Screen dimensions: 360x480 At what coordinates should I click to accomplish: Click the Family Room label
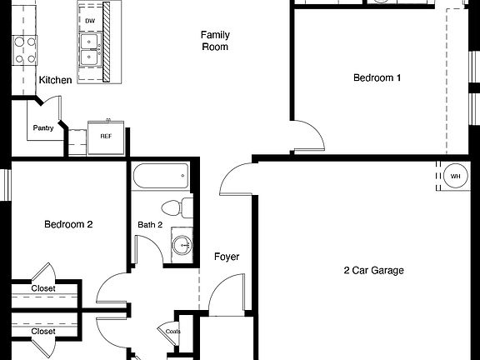pos(215,41)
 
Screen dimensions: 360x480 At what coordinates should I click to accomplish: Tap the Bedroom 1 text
pos(377,78)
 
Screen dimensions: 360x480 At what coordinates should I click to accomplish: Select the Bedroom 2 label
pos(68,224)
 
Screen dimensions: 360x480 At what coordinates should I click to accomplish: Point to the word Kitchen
pos(55,80)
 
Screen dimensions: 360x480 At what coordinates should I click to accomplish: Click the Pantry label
pos(43,128)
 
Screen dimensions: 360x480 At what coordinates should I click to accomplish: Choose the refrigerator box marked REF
pos(106,136)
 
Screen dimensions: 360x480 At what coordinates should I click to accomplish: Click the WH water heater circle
pos(455,177)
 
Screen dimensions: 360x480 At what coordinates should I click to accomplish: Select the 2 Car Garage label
pos(373,270)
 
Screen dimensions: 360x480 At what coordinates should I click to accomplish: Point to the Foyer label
pos(227,257)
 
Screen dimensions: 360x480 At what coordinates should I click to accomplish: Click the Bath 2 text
pos(151,224)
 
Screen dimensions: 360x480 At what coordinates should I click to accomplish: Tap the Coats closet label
pos(172,331)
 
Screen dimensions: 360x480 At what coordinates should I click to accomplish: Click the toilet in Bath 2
pos(175,208)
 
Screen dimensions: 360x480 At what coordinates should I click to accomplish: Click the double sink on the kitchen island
pos(89,48)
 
